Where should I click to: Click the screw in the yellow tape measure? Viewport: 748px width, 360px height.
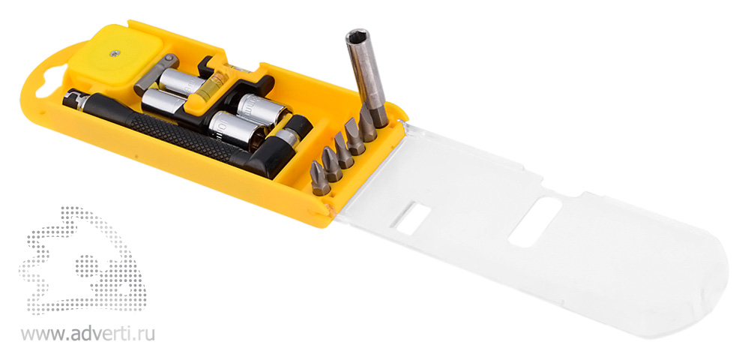(x=114, y=53)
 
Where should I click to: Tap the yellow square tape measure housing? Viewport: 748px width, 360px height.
(x=115, y=57)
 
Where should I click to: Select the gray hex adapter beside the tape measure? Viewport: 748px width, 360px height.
(x=155, y=74)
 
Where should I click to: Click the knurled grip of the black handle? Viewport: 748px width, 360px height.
(x=181, y=136)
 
